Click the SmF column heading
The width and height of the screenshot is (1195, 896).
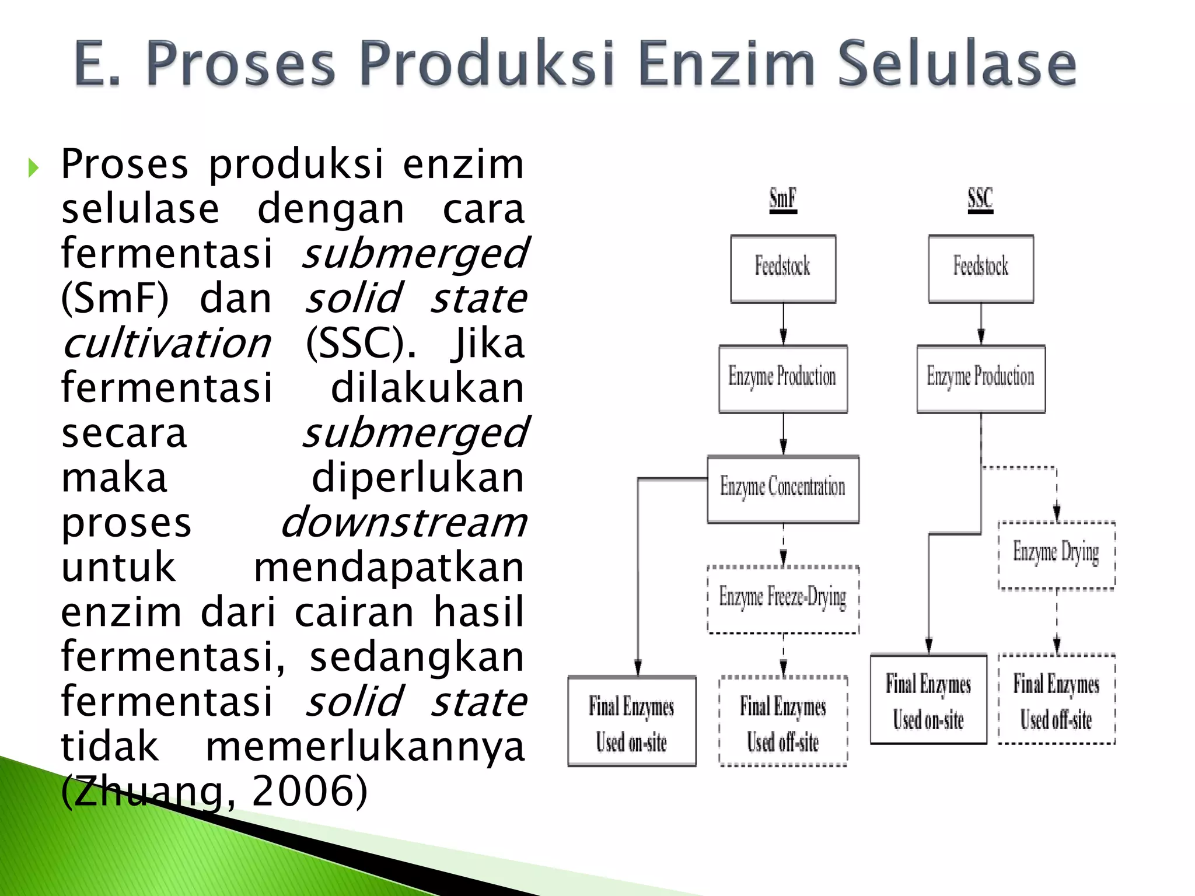tap(782, 199)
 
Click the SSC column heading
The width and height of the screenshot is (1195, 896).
tap(980, 199)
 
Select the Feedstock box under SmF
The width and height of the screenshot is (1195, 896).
tap(783, 268)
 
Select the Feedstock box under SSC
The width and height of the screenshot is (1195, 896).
tap(981, 268)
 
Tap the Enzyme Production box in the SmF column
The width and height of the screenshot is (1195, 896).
tap(783, 379)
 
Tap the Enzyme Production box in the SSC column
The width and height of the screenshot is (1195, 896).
tap(981, 379)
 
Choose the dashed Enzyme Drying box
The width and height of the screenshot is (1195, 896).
tap(1057, 555)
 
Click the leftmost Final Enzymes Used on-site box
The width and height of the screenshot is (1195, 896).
tap(632, 721)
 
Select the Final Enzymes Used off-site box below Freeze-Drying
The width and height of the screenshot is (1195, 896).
tap(783, 721)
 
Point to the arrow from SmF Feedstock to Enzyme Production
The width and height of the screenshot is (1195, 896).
tap(783, 324)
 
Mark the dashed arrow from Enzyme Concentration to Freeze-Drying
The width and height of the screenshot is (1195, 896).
tap(783, 545)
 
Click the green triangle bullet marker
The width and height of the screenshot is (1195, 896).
tap(33, 169)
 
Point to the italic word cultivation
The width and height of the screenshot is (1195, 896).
tap(166, 344)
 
